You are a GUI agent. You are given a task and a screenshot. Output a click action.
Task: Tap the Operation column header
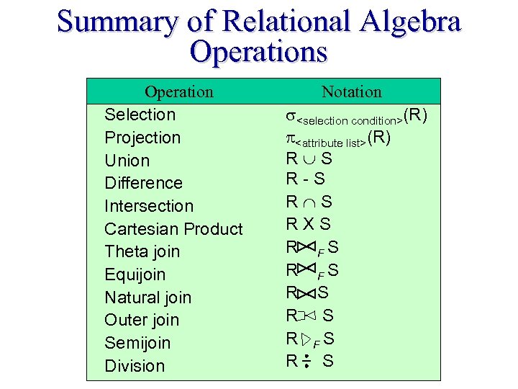[x=178, y=91]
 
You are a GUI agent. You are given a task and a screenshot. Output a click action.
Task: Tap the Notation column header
[x=351, y=91]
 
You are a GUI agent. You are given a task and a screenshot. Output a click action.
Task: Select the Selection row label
[x=140, y=115]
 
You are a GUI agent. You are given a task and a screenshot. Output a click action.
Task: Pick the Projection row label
[x=142, y=138]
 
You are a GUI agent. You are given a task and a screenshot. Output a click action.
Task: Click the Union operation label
[x=127, y=161]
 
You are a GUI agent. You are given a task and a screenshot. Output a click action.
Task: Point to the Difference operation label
[x=143, y=183]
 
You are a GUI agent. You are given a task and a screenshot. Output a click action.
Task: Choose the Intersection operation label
[x=149, y=206]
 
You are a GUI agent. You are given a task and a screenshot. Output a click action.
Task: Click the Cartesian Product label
[x=173, y=229]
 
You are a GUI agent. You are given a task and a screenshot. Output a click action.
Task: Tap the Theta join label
[x=142, y=252]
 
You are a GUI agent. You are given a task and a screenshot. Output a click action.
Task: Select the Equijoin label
[x=135, y=274]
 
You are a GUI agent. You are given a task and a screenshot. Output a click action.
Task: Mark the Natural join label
[x=147, y=298]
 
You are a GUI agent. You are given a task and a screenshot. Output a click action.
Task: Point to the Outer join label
[x=142, y=320]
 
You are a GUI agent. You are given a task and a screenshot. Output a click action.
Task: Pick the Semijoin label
[x=137, y=343]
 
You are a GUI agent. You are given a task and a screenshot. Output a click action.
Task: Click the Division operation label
[x=135, y=366]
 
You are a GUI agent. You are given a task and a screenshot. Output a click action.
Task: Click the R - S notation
[x=305, y=178]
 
